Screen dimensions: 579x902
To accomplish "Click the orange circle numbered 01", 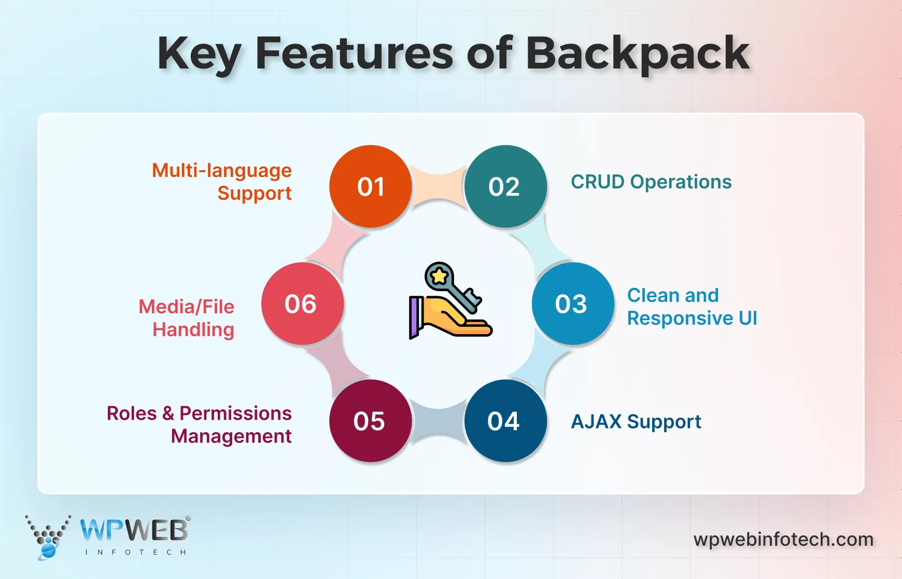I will (x=371, y=186).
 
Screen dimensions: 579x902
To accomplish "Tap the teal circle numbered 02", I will (x=505, y=186).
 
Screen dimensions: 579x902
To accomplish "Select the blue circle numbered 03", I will (x=572, y=304).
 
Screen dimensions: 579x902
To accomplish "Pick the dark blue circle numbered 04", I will (x=505, y=421).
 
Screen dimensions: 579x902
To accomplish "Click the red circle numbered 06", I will (x=302, y=304).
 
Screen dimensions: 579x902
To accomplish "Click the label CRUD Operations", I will (x=651, y=182).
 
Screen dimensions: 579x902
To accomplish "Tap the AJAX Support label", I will (x=636, y=422).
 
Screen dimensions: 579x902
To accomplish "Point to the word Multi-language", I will (x=221, y=171).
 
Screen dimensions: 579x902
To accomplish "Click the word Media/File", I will (x=186, y=307).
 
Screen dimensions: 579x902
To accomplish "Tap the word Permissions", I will (x=235, y=413).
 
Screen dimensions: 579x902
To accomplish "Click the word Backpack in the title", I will (x=638, y=53).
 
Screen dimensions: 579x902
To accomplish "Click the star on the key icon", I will (x=439, y=276).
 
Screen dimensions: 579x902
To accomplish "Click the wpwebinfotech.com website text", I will (x=783, y=540).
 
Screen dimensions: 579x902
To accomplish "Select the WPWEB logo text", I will (x=134, y=531).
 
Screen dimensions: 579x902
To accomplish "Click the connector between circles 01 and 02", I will (x=438, y=186).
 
